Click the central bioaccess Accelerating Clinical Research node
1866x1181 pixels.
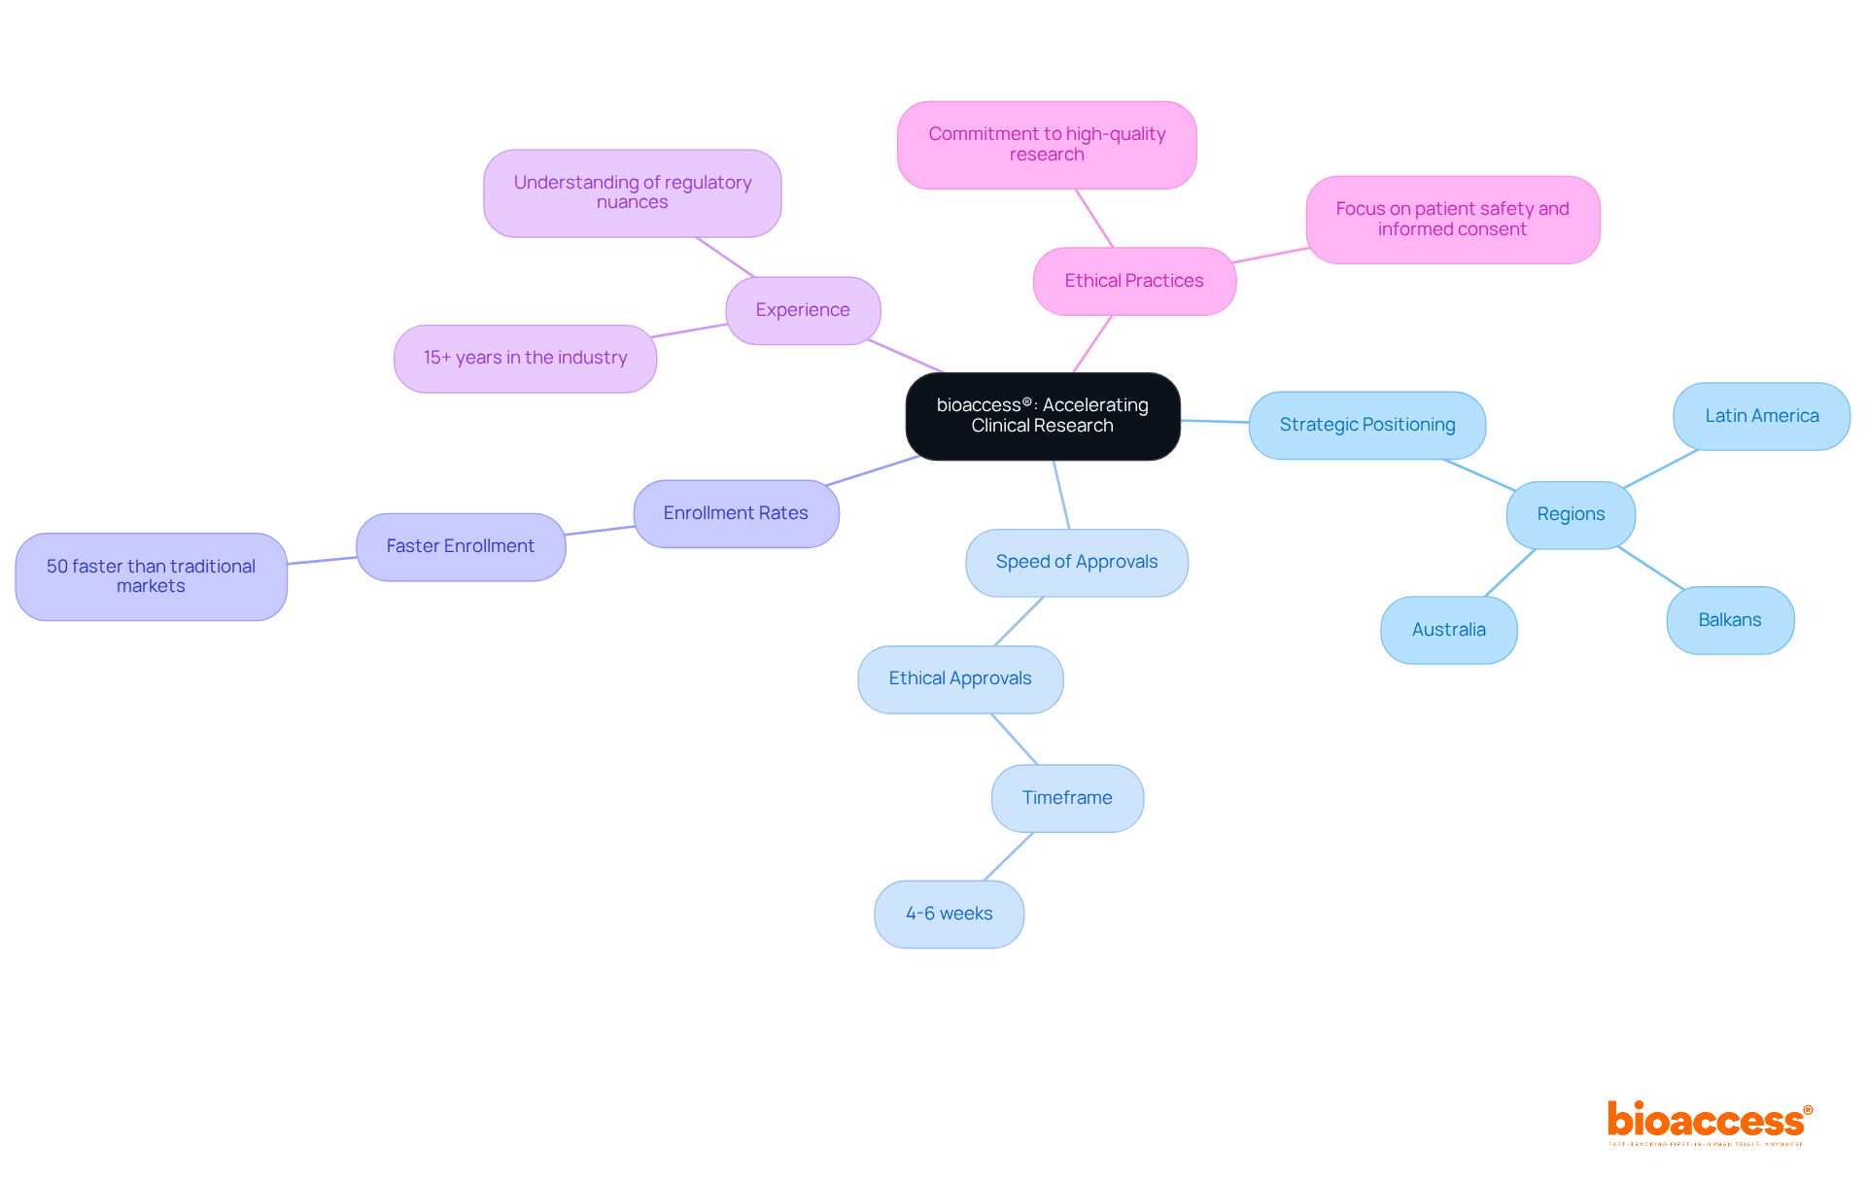[1042, 416]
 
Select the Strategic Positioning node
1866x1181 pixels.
[1366, 425]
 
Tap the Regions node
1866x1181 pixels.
[1571, 514]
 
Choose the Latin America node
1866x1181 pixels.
[1761, 416]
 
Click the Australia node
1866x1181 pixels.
[1448, 630]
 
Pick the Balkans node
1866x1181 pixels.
[1729, 620]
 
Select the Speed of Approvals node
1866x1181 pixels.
[1076, 562]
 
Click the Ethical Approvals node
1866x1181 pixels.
[959, 678]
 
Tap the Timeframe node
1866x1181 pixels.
[1066, 798]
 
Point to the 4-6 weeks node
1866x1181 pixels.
[949, 914]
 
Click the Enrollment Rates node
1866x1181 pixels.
[736, 513]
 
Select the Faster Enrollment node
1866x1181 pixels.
[460, 546]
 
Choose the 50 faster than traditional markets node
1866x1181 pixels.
[151, 576]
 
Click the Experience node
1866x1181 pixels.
[803, 310]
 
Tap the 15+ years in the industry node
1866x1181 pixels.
[525, 358]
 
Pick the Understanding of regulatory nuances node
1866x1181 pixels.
[632, 192]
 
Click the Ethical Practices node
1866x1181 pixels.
[1133, 281]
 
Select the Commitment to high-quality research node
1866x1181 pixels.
[1046, 144]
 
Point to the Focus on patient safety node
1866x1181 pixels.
[1452, 219]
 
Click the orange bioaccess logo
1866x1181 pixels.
[1707, 1122]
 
